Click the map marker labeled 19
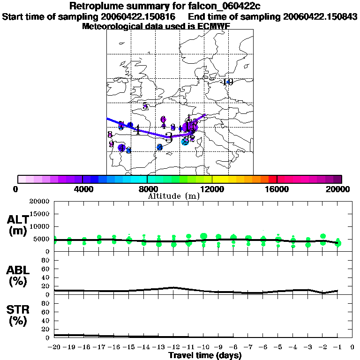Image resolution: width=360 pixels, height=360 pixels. click(228, 82)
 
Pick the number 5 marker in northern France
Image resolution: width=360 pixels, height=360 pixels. click(145, 106)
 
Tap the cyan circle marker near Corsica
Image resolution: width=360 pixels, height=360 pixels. click(185, 142)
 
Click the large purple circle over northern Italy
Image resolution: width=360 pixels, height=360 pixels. click(190, 127)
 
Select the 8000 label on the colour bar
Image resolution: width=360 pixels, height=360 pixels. click(147, 189)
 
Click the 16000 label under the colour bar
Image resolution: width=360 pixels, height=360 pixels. click(277, 189)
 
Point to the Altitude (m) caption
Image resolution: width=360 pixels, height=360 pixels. click(173, 196)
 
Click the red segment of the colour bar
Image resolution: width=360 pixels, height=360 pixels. click(273, 179)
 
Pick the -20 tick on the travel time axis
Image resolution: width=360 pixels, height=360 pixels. click(54, 347)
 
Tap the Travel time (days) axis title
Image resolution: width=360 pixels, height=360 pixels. click(205, 355)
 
